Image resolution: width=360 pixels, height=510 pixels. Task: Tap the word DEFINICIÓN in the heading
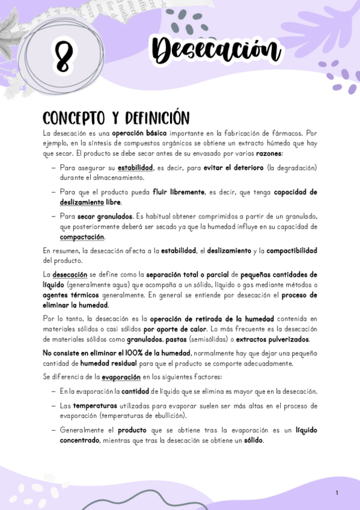tap(154, 118)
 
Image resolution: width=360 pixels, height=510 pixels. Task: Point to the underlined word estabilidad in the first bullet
tap(136, 168)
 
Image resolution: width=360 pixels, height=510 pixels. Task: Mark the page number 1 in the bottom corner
tap(337, 493)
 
